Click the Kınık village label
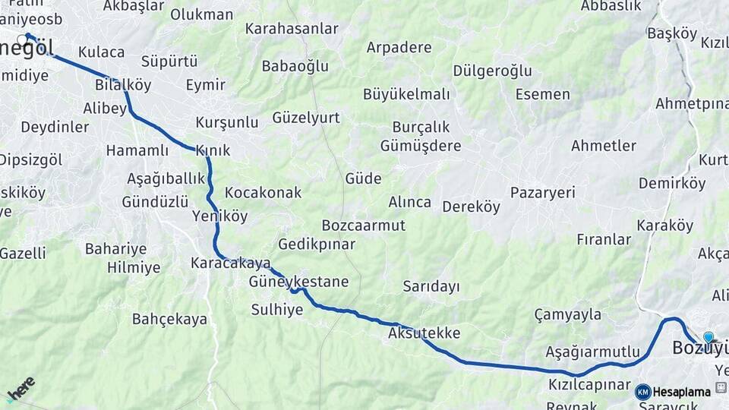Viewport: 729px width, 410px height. pyautogui.click(x=213, y=150)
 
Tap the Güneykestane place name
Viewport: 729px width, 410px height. pyautogui.click(x=298, y=282)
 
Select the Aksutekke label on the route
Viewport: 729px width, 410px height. pyautogui.click(x=424, y=333)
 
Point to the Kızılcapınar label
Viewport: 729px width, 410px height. pyautogui.click(x=590, y=384)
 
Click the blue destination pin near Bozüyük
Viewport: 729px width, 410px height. pyautogui.click(x=708, y=338)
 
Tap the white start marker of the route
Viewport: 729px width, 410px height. pyautogui.click(x=22, y=37)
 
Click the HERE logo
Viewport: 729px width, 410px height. pyautogui.click(x=21, y=389)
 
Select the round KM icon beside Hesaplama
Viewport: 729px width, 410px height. pyautogui.click(x=643, y=392)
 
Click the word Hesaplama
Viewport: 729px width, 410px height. pyautogui.click(x=682, y=392)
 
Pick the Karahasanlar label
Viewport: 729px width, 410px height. pyautogui.click(x=292, y=29)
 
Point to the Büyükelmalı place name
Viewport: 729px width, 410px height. pyautogui.click(x=406, y=94)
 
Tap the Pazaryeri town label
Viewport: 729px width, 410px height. pyautogui.click(x=543, y=192)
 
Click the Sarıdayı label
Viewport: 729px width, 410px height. pyautogui.click(x=431, y=286)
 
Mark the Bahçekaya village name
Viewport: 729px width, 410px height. pyautogui.click(x=169, y=319)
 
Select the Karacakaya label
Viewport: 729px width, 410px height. pyautogui.click(x=231, y=263)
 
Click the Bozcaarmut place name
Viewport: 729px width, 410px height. pyautogui.click(x=363, y=225)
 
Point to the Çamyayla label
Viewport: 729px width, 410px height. pyautogui.click(x=567, y=314)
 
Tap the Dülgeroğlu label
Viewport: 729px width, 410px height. pyautogui.click(x=492, y=71)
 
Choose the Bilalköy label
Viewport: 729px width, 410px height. pyautogui.click(x=123, y=84)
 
